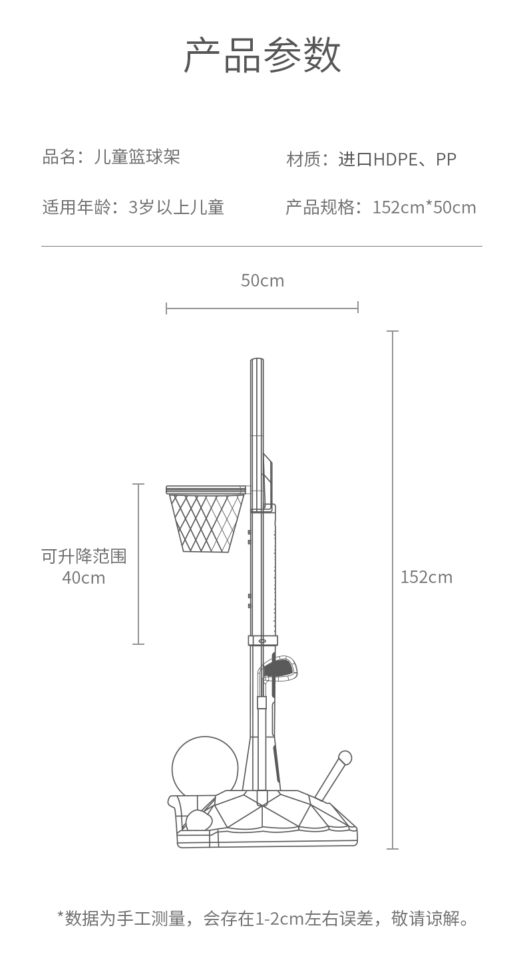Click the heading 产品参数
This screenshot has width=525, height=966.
pyautogui.click(x=262, y=56)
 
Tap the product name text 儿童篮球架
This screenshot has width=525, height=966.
pyautogui.click(x=137, y=158)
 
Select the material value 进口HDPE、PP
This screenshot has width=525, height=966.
pyautogui.click(x=397, y=160)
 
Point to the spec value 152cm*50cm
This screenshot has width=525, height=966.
pyautogui.click(x=424, y=207)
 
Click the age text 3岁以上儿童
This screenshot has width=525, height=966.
pyautogui.click(x=176, y=207)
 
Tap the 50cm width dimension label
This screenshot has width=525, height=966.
pyautogui.click(x=262, y=281)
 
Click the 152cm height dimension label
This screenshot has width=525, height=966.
pyautogui.click(x=426, y=577)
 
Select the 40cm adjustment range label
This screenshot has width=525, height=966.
pyautogui.click(x=84, y=578)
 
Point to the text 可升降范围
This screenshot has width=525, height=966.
pyautogui.click(x=84, y=556)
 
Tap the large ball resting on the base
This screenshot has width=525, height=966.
pyautogui.click(x=205, y=767)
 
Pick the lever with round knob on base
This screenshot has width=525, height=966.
pyautogui.click(x=333, y=775)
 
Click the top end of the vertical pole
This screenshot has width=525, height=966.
pyautogui.click(x=257, y=363)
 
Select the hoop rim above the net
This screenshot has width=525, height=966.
pyautogui.click(x=206, y=490)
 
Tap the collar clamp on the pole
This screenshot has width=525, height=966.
pyautogui.click(x=262, y=641)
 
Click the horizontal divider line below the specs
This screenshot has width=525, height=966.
pyautogui.click(x=262, y=247)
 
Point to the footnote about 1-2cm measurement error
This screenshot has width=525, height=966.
pyautogui.click(x=263, y=919)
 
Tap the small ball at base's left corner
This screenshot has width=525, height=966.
pyautogui.click(x=198, y=821)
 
